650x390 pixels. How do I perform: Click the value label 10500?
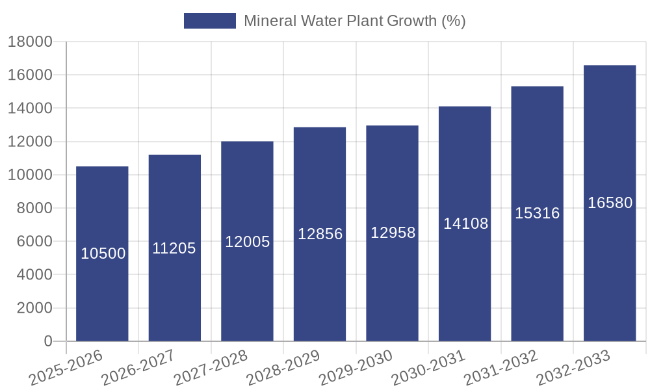click(x=103, y=254)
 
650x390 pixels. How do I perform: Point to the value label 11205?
click(x=174, y=248)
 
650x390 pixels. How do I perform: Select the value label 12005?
click(x=247, y=242)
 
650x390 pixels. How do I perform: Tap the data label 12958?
click(x=393, y=233)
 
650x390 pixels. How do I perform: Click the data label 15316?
click(x=537, y=213)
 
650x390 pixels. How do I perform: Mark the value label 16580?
click(x=610, y=203)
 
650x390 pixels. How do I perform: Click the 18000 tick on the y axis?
click(x=30, y=42)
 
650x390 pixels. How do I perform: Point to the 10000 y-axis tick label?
click(x=30, y=175)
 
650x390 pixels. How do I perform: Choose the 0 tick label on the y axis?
click(x=47, y=341)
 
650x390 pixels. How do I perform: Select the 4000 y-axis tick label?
click(x=34, y=275)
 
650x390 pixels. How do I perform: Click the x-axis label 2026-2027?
click(x=138, y=368)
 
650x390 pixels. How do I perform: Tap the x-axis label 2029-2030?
click(x=356, y=368)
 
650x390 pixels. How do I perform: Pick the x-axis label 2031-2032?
click(x=500, y=368)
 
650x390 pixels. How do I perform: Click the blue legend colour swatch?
click(x=209, y=21)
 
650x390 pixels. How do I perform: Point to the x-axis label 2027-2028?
click(x=211, y=368)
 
